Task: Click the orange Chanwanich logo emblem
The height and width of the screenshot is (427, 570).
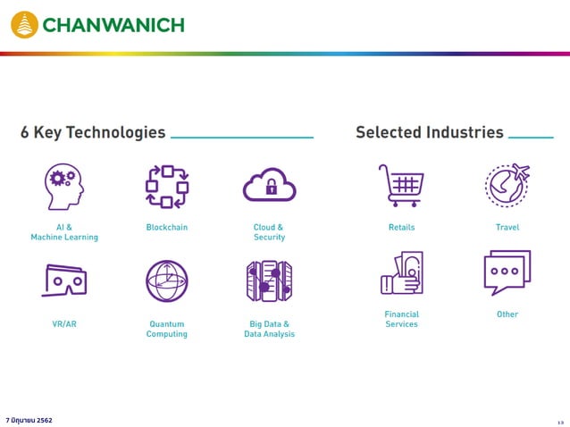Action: tap(24, 24)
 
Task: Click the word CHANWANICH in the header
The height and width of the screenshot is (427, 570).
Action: tap(113, 24)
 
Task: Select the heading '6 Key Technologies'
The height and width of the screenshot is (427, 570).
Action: tap(93, 132)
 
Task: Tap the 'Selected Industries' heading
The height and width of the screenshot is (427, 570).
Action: tap(429, 132)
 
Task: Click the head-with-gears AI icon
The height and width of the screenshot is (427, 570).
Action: tap(64, 186)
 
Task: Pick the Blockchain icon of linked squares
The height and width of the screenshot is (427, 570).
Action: tap(167, 186)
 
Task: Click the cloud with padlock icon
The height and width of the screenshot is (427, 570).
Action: tap(269, 185)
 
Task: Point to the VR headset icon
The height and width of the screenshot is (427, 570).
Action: tap(64, 280)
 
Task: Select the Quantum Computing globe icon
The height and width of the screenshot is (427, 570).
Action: tap(167, 280)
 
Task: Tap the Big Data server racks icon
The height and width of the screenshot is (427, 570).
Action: tap(269, 280)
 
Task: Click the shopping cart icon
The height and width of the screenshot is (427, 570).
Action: tap(401, 185)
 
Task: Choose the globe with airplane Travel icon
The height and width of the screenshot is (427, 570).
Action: tap(507, 185)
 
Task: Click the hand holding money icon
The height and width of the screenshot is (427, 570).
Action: tap(401, 273)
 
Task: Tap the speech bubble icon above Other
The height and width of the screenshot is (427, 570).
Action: tap(507, 272)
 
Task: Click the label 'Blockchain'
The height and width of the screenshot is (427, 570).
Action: tap(167, 228)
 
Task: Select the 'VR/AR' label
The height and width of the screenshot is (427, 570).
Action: tap(64, 324)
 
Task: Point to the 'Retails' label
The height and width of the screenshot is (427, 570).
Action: tap(401, 228)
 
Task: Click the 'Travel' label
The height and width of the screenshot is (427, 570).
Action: tap(507, 228)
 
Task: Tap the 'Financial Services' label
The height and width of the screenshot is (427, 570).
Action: tap(401, 319)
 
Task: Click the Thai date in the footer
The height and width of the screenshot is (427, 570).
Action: tap(29, 420)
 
